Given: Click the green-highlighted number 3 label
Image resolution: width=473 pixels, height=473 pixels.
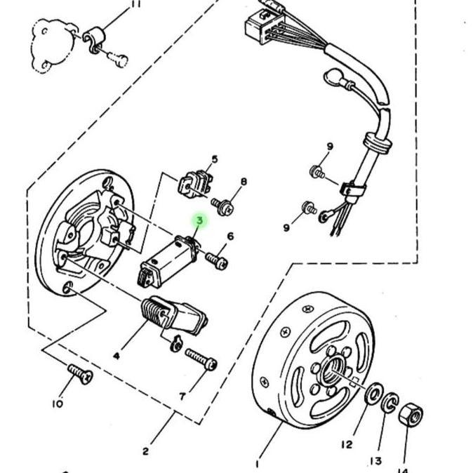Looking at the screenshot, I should point(200,221).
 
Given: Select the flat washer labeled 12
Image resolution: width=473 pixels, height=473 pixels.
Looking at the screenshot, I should point(375,392).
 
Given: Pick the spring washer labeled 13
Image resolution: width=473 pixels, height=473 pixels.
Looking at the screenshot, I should point(389,404).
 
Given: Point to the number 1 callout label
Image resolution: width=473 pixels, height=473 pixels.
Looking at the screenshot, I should point(258,464).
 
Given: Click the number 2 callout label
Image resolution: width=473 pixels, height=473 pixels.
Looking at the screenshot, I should point(145,451).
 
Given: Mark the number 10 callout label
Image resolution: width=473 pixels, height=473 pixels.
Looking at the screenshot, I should point(57,404).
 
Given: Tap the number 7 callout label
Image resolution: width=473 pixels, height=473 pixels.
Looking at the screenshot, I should point(182,397).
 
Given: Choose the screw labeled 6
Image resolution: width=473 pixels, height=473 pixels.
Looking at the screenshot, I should point(217,260).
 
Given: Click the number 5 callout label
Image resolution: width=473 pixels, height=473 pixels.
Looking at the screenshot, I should point(215,159).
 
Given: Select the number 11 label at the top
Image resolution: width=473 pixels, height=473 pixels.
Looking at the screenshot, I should point(136,4).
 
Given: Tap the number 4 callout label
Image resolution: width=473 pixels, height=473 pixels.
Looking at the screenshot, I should point(116,356).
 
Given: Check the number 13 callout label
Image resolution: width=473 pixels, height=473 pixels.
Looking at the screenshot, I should point(377,461).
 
